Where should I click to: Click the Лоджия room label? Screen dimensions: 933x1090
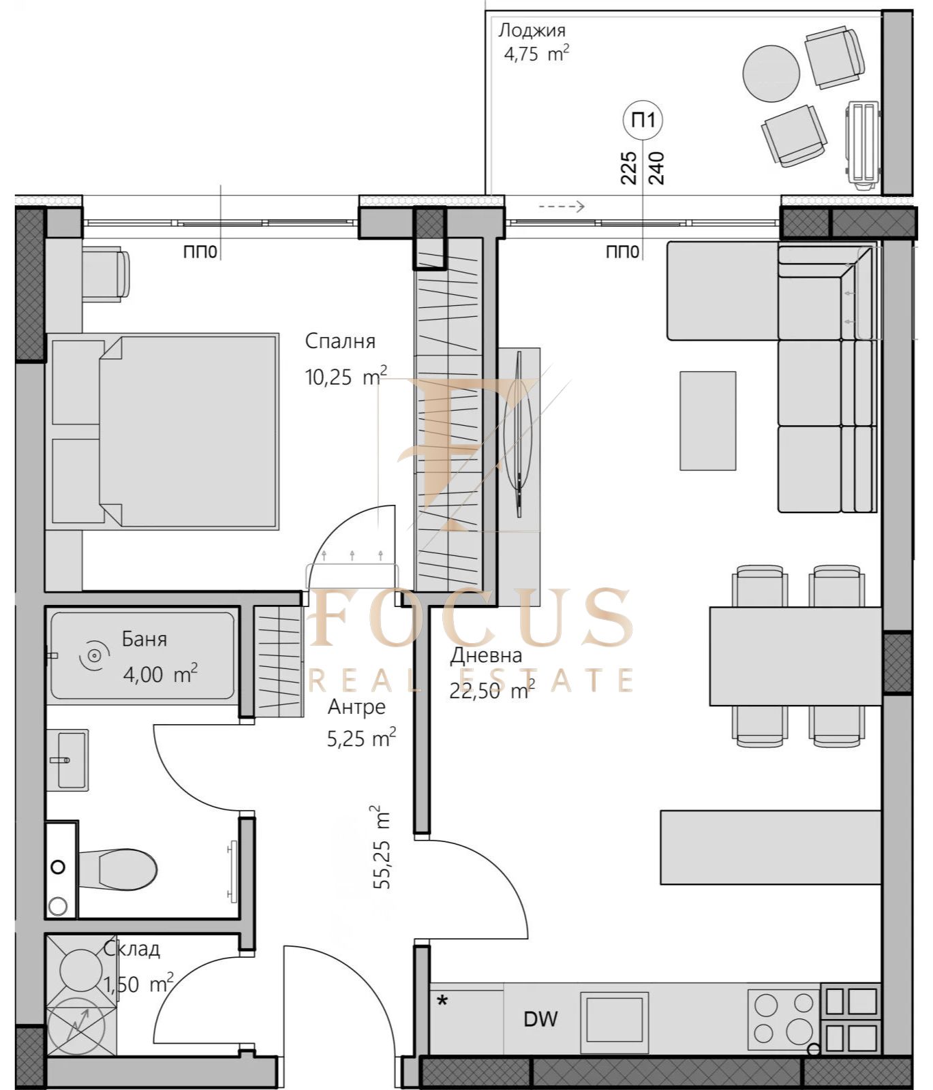(532, 30)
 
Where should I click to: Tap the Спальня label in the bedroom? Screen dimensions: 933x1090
(340, 341)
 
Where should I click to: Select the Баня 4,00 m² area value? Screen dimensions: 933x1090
(161, 674)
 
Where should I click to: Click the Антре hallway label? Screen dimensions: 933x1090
(356, 707)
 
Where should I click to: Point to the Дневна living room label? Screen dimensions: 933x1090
(486, 655)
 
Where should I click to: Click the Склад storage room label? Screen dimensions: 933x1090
(132, 948)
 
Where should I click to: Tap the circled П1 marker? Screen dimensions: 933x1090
(643, 120)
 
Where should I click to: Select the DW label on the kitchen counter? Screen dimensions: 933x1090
(540, 1019)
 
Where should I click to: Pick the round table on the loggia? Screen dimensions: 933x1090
(771, 74)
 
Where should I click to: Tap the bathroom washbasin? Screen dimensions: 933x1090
(67, 760)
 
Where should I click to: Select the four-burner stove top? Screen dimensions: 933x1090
(784, 1019)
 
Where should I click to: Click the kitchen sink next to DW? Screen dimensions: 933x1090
(614, 1019)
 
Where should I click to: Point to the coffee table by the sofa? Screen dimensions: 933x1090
(707, 420)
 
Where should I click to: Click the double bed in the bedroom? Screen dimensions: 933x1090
(162, 431)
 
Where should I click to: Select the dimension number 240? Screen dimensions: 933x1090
(657, 168)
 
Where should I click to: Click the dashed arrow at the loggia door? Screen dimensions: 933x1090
(562, 206)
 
